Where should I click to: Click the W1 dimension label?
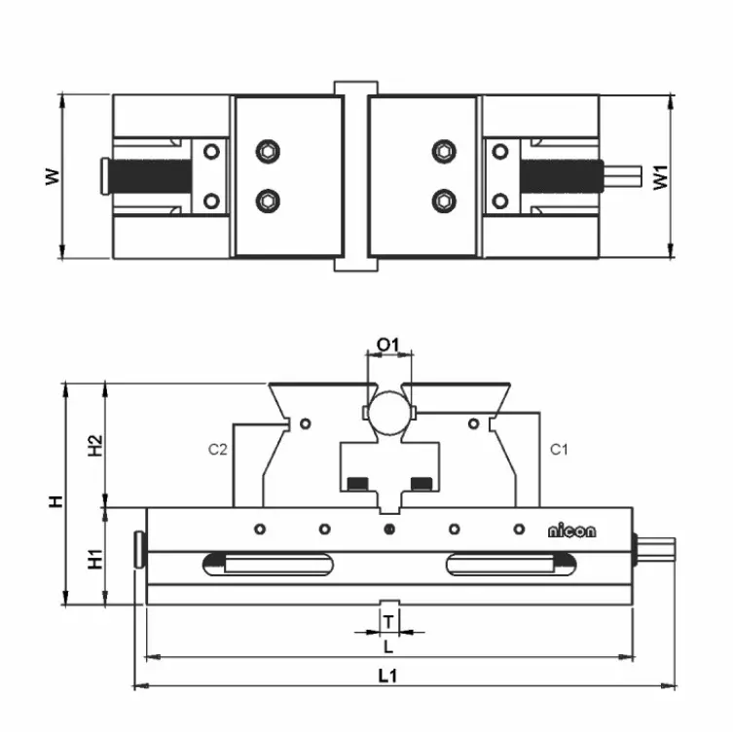coord(662,176)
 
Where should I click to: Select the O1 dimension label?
coord(388,345)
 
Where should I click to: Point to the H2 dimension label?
coord(95,445)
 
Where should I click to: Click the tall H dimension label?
coord(56,501)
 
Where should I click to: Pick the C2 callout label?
coord(217,450)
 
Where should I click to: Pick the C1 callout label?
coord(558,450)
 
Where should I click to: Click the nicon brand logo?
coord(571,531)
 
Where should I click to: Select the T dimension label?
coord(388,620)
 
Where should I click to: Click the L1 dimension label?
coord(387,675)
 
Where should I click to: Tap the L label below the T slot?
coord(387,645)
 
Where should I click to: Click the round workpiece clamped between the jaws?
coord(388,412)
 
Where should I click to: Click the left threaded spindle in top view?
coord(150,176)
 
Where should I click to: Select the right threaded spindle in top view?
coord(560,176)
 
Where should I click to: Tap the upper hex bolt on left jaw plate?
coord(268,151)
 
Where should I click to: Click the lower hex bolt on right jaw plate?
coord(444,201)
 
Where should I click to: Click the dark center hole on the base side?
coord(388,530)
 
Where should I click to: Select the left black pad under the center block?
coord(357,484)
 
